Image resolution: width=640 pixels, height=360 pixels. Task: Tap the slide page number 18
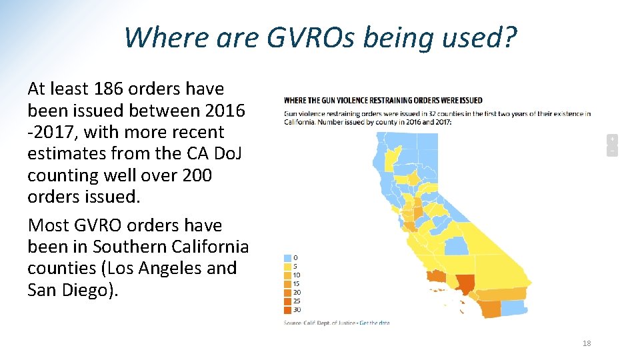pyautogui.click(x=587, y=343)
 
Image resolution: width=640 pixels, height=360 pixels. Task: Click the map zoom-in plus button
pyautogui.click(x=611, y=139)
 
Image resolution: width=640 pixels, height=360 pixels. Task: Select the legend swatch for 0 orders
pyautogui.click(x=287, y=257)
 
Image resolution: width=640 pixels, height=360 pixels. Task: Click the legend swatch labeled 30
pyautogui.click(x=287, y=309)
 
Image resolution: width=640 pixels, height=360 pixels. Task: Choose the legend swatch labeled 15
pyautogui.click(x=287, y=283)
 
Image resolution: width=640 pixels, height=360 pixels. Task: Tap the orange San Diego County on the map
pyautogui.click(x=491, y=309)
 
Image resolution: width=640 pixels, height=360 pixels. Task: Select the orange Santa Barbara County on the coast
pyautogui.click(x=436, y=276)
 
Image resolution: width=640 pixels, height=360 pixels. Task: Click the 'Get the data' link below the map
pyautogui.click(x=374, y=323)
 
